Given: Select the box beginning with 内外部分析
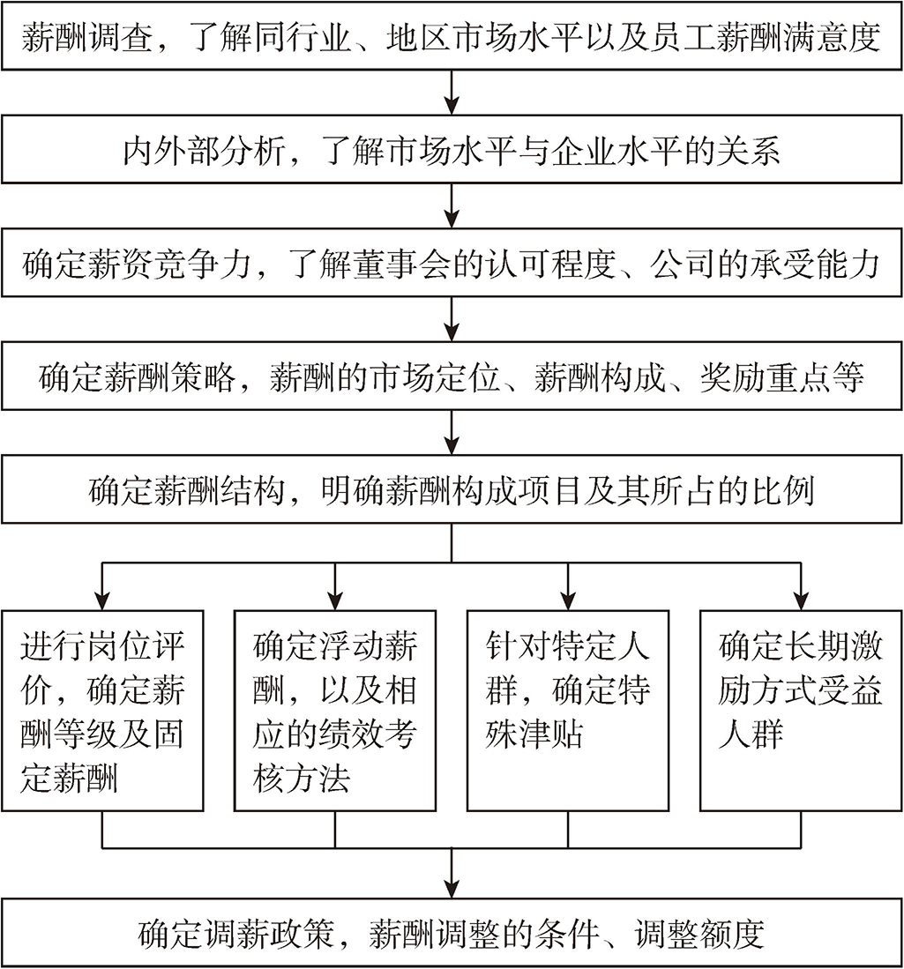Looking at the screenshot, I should [x=452, y=151].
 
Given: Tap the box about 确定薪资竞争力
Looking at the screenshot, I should [x=452, y=264].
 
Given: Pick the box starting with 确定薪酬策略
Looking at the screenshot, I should [x=452, y=377].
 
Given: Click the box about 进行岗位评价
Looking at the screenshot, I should [x=102, y=710].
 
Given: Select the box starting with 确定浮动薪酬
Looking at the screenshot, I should [x=335, y=710].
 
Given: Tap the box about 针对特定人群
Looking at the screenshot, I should [x=567, y=710].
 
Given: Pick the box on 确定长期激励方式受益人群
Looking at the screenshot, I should [x=801, y=710].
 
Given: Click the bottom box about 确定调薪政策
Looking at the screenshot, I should [x=452, y=934].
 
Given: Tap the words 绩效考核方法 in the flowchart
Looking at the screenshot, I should [x=335, y=757].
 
